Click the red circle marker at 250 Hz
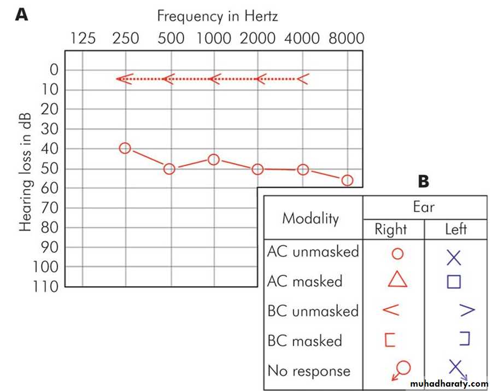tap(125, 148)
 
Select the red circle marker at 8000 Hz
tap(347, 180)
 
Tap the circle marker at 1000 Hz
tap(214, 159)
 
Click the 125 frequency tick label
tap(83, 38)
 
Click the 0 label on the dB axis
tap(54, 69)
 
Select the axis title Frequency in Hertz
tap(217, 16)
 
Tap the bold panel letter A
tap(22, 14)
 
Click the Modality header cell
tap(311, 218)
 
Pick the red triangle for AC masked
tap(397, 279)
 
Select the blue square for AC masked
tap(454, 282)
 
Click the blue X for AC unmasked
tap(454, 257)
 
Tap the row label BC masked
tap(304, 341)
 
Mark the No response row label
tap(309, 371)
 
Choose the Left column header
tap(455, 229)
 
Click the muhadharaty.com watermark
tap(451, 384)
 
